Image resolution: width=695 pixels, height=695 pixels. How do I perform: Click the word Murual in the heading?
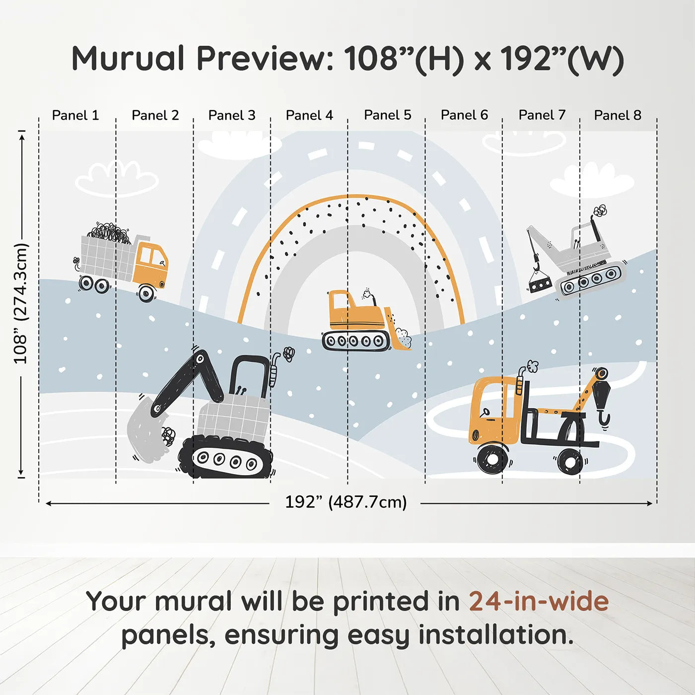[x=128, y=58]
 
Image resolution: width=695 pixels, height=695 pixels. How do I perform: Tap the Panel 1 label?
[x=75, y=115]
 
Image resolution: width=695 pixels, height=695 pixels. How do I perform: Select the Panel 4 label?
[x=309, y=115]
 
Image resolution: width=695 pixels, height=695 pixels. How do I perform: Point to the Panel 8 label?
[x=618, y=115]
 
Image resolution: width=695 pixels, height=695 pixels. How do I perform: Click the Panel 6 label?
[x=464, y=115]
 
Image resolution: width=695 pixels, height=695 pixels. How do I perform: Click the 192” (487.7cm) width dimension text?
[x=346, y=502]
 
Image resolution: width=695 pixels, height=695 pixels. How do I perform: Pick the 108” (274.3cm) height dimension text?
[x=20, y=303]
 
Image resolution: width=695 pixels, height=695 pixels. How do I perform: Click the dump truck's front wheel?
[x=146, y=293]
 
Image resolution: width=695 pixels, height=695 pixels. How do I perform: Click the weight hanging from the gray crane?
[x=540, y=285]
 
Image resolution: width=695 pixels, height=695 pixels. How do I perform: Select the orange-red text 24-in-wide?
[x=539, y=601]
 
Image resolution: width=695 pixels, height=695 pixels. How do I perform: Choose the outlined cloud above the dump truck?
[x=117, y=179]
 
